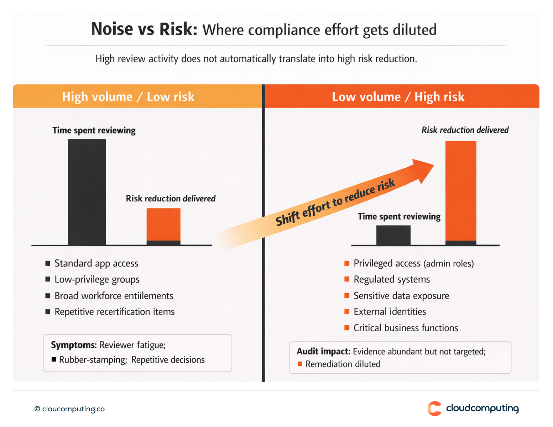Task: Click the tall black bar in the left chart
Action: (87, 192)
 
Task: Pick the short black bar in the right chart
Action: (393, 235)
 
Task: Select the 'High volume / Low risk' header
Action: (128, 97)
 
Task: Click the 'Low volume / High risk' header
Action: (398, 97)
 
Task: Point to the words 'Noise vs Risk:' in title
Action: (144, 29)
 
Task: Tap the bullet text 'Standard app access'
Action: (96, 263)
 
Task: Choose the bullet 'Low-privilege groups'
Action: (97, 280)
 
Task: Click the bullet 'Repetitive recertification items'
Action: (114, 312)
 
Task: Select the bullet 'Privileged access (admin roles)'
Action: (413, 263)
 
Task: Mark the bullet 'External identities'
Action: (390, 312)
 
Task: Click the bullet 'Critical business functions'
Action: (406, 328)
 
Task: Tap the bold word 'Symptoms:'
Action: (74, 345)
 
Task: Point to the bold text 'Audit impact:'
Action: (324, 352)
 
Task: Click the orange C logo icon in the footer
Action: (434, 408)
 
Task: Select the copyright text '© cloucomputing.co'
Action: (69, 409)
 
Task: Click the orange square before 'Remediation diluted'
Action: (300, 364)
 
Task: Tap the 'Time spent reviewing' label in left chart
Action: (94, 131)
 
